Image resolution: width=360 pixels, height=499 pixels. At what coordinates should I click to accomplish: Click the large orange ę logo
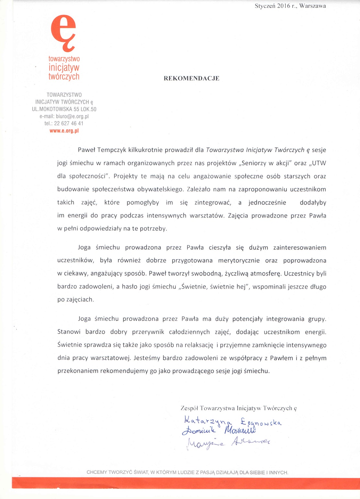coord(63,33)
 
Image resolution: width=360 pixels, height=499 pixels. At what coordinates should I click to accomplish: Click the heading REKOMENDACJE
coord(191,78)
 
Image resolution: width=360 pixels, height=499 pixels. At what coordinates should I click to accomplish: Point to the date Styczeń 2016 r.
coord(276,6)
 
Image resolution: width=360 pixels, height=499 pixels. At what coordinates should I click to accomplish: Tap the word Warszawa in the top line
coord(312,6)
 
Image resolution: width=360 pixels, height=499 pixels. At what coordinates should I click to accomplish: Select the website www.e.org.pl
coord(64,131)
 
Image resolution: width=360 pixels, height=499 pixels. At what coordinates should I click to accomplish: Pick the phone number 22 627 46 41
coord(69,123)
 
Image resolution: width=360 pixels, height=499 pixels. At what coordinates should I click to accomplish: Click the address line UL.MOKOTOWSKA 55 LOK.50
coord(64,109)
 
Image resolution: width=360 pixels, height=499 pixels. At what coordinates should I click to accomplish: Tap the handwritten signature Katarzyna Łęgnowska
coord(232,421)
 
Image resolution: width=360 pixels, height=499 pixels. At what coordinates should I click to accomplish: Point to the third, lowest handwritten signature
coord(229,442)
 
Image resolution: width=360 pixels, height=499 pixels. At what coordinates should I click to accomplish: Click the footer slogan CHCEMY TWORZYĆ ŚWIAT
coord(187,472)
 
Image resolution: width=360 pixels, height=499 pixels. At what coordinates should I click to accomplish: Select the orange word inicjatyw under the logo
coord(64,68)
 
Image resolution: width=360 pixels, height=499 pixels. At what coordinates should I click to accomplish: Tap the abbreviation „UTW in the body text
coord(318,163)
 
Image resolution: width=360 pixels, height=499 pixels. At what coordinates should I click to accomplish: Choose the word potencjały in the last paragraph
coord(247,319)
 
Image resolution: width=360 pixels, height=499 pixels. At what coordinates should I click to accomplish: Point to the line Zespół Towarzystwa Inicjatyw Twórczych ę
coord(239,408)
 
